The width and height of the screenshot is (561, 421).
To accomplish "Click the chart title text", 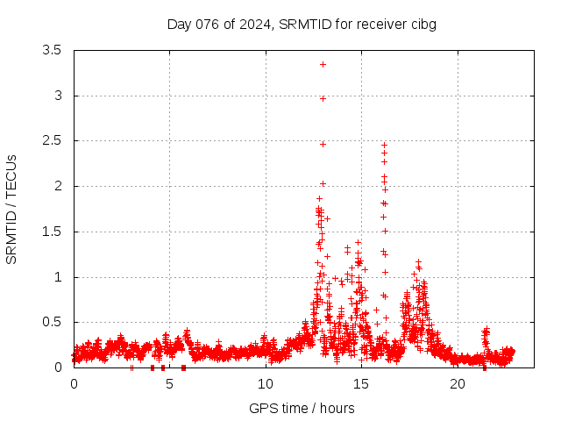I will [x=302, y=25].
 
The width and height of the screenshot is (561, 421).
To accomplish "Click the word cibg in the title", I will [x=423, y=25].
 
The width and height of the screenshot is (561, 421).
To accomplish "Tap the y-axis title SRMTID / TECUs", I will [x=11, y=209].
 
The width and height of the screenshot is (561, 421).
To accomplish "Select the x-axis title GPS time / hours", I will [x=302, y=408].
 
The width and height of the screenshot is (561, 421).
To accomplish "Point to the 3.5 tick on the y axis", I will [x=52, y=50].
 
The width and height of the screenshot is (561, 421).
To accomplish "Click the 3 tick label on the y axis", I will [x=58, y=96].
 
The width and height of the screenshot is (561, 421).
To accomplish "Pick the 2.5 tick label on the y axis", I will [x=52, y=140].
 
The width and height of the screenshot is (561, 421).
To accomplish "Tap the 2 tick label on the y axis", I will [x=58, y=186].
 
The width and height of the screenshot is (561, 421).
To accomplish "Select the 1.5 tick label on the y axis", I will [x=52, y=232].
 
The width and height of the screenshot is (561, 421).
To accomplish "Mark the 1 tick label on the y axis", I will [x=58, y=277].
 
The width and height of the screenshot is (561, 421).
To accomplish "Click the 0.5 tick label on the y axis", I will [x=52, y=322].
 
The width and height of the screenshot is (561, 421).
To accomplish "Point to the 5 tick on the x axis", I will [x=169, y=384].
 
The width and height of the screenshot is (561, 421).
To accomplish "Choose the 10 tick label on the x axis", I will [x=266, y=384].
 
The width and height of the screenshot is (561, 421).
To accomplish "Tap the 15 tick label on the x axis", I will [x=361, y=384].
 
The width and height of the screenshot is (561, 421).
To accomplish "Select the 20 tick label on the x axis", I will [x=458, y=384].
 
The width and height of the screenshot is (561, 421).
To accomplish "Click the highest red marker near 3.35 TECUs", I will [x=323, y=64].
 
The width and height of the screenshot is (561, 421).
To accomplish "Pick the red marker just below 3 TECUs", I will [x=323, y=98].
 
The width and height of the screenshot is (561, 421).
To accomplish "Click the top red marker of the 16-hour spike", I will [x=384, y=145].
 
